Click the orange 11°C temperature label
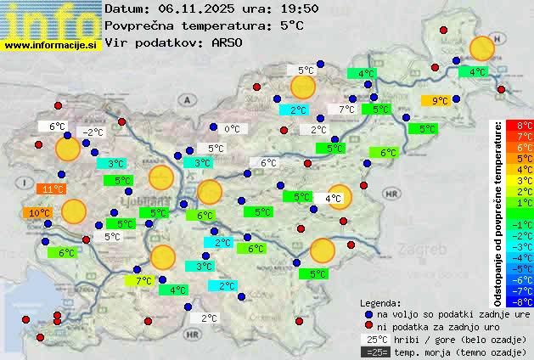(x=53, y=188)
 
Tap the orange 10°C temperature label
(x=39, y=213)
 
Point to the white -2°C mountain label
(x=91, y=132)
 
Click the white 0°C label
(x=232, y=129)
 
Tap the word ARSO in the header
(x=228, y=42)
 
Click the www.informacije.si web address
(x=51, y=44)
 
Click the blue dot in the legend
(x=368, y=313)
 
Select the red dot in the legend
(x=368, y=325)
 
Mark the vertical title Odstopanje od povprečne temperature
(x=498, y=213)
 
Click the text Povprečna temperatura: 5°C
(x=204, y=25)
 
